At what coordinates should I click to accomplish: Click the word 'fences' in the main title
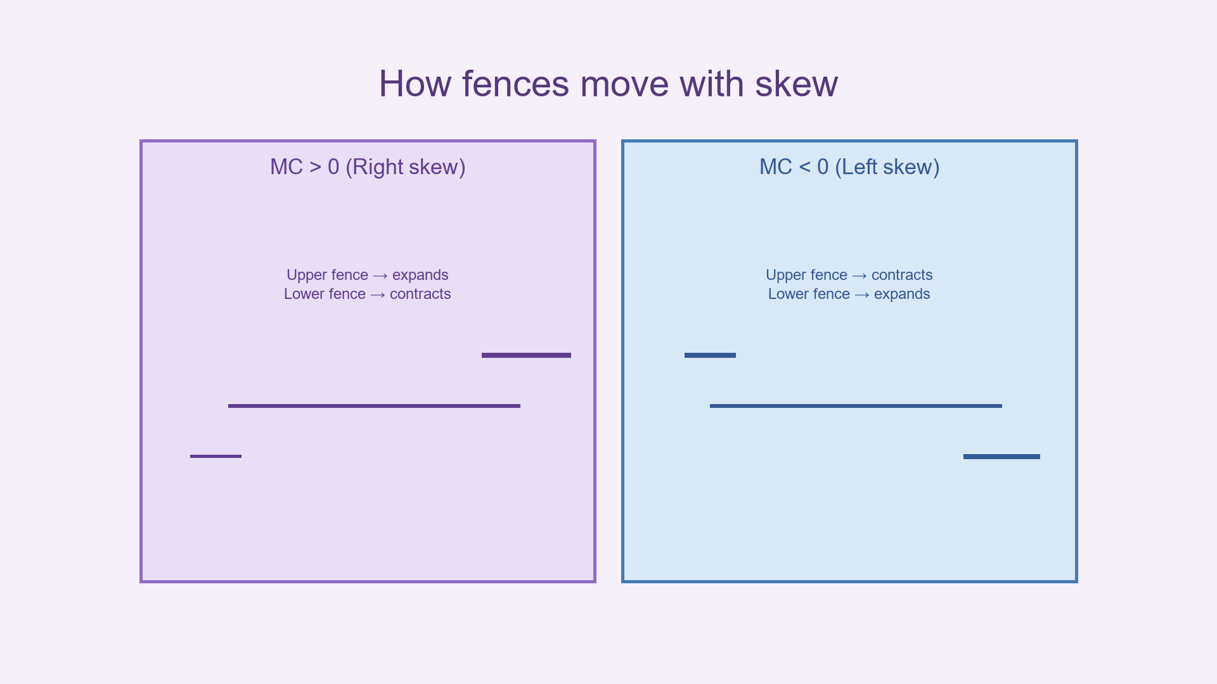pyautogui.click(x=515, y=84)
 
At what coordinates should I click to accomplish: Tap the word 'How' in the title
pyautogui.click(x=415, y=84)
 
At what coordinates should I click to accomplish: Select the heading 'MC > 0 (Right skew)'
pyautogui.click(x=368, y=167)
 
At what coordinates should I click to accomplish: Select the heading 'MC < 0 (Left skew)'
pyautogui.click(x=849, y=167)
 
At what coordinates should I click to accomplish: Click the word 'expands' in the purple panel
pyautogui.click(x=420, y=275)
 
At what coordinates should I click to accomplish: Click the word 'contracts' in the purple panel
pyautogui.click(x=420, y=294)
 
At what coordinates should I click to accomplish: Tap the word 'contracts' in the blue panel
pyautogui.click(x=902, y=275)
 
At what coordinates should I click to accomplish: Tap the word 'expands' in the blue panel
pyautogui.click(x=902, y=294)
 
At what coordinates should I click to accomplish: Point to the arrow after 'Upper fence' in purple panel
pyautogui.click(x=380, y=275)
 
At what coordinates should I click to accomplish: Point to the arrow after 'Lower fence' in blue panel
pyautogui.click(x=862, y=294)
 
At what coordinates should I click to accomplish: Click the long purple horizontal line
pyautogui.click(x=374, y=406)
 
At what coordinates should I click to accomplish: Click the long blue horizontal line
pyautogui.click(x=856, y=406)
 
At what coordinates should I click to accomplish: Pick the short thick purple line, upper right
pyautogui.click(x=526, y=355)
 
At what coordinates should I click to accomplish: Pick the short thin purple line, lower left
pyautogui.click(x=216, y=456)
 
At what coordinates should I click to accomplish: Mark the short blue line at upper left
pyautogui.click(x=710, y=355)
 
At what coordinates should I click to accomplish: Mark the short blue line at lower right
pyautogui.click(x=1001, y=457)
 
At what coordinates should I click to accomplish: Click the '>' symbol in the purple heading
pyautogui.click(x=315, y=167)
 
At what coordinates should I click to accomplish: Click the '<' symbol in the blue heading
pyautogui.click(x=804, y=167)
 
